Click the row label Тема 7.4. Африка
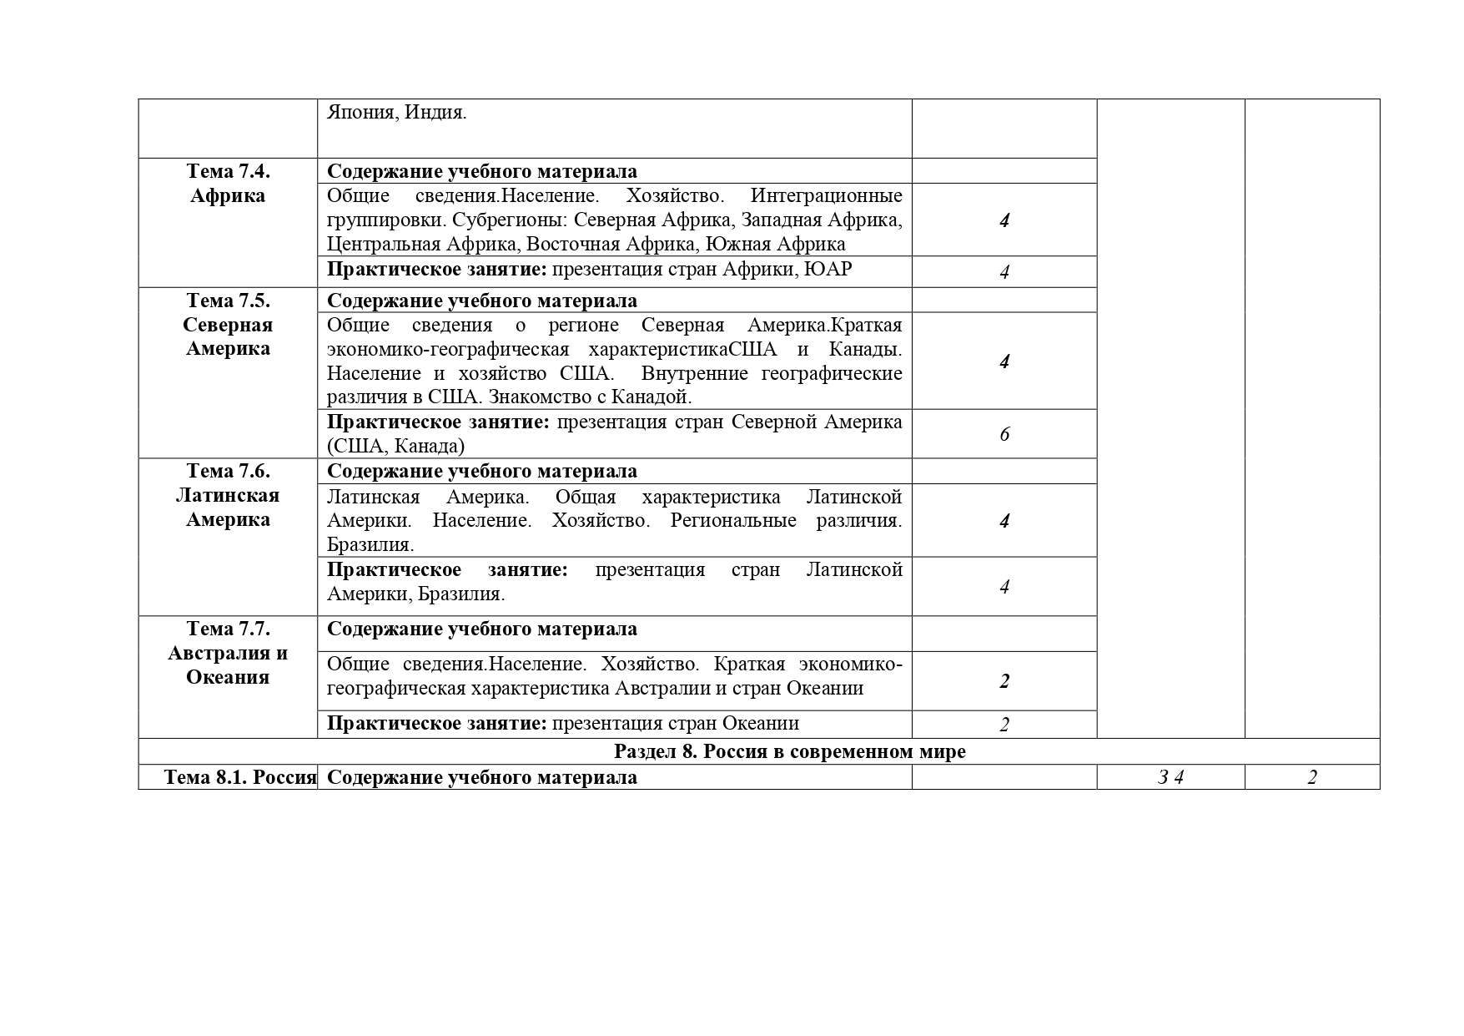228,183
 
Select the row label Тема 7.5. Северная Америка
228,324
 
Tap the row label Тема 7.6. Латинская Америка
228,495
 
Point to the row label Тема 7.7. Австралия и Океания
228,652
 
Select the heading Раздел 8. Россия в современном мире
789,751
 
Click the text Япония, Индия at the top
396,112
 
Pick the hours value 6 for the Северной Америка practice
1004,434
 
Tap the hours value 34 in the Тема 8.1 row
1171,777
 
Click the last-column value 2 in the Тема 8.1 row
1312,777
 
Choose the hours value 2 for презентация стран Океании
1004,725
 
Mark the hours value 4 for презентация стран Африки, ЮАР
1004,272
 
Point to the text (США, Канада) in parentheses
395,446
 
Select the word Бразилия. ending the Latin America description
370,545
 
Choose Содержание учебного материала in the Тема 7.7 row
481,629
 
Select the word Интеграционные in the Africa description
826,195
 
